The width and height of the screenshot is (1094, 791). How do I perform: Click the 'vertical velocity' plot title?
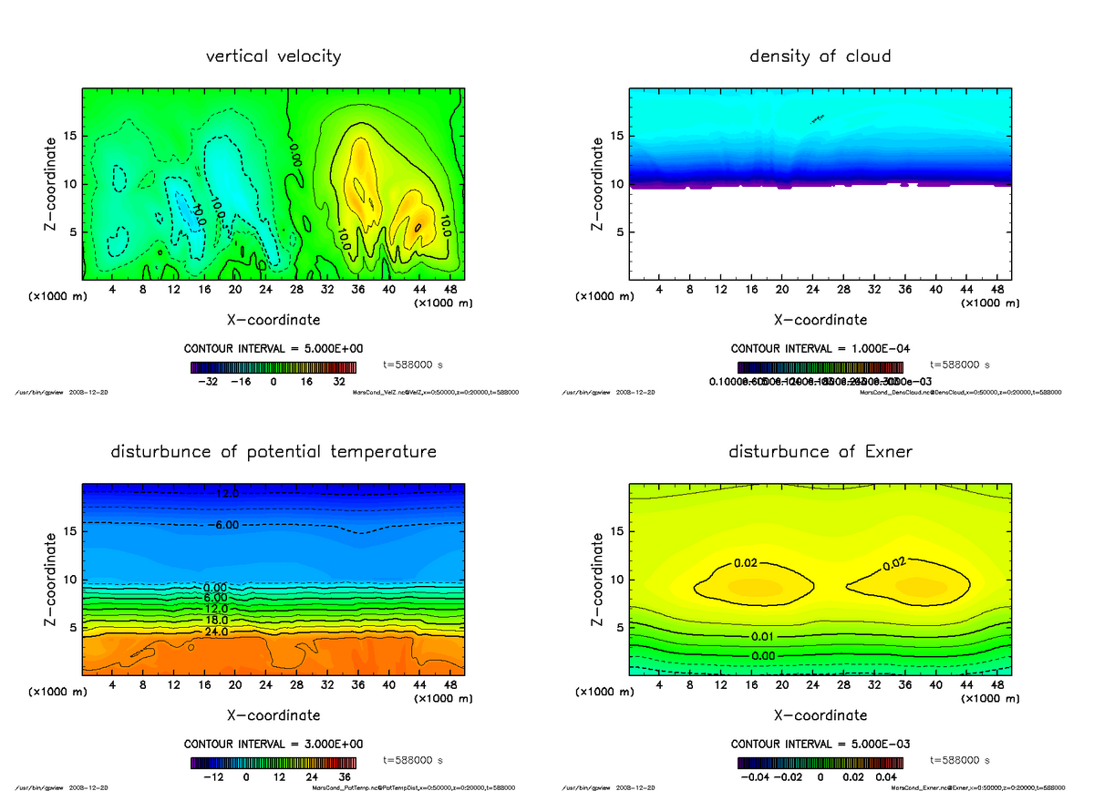[273, 56]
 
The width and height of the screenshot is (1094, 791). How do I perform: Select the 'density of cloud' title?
[820, 56]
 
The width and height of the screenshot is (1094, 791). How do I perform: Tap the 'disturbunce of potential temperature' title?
[273, 452]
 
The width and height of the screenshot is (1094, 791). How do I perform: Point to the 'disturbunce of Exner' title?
[820, 452]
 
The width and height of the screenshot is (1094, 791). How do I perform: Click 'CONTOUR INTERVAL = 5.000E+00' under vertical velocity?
[273, 349]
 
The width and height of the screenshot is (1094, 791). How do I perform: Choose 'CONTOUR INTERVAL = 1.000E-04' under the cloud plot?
[820, 349]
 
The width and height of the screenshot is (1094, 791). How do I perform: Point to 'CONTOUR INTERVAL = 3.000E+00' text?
[273, 744]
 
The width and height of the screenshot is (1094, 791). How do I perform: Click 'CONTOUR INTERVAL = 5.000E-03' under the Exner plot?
[820, 744]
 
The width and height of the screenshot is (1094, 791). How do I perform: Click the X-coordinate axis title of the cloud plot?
[820, 320]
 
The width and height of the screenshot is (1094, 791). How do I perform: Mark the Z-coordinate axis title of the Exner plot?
[598, 580]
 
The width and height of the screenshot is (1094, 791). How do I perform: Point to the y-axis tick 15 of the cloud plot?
[616, 137]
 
